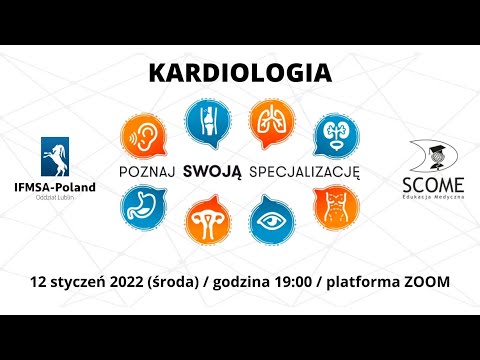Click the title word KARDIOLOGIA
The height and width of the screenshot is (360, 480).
pyautogui.click(x=240, y=73)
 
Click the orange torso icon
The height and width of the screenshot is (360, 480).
pyautogui.click(x=332, y=205)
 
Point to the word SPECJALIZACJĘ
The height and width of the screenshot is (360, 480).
pyautogui.click(x=305, y=170)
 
